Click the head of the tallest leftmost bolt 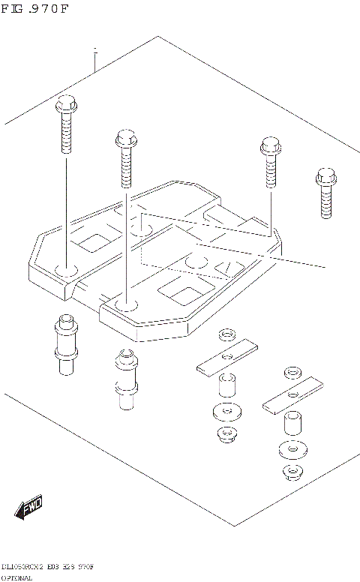tap(64, 105)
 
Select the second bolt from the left tap(127, 159)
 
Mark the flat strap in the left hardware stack tap(226, 358)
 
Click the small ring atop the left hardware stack tap(226, 334)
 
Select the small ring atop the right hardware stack tap(291, 373)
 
